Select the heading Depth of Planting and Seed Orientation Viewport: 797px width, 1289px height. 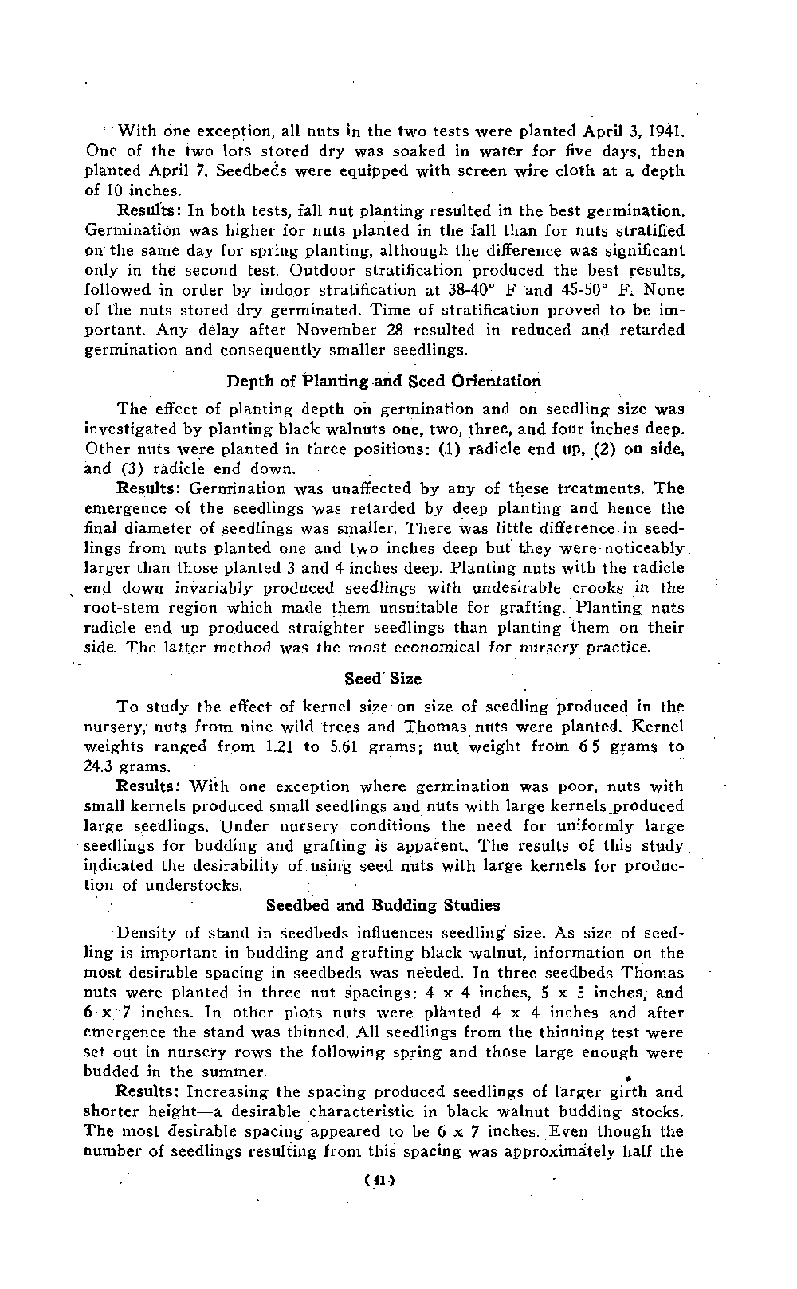383,381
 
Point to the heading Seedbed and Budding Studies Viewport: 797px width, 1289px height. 383,905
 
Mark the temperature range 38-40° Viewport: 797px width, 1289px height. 465,291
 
